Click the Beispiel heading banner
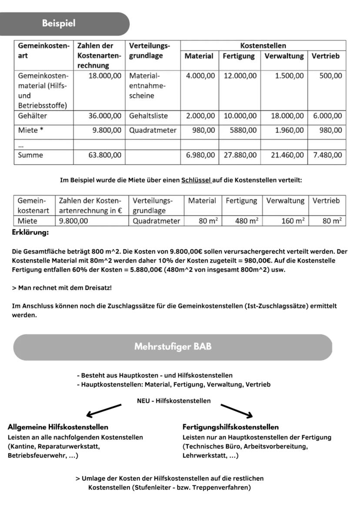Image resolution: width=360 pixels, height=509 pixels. click(x=59, y=23)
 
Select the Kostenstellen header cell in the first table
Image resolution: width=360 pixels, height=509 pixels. click(x=263, y=46)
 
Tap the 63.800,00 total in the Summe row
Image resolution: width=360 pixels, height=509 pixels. click(x=105, y=155)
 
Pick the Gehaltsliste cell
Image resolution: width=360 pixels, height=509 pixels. click(x=148, y=116)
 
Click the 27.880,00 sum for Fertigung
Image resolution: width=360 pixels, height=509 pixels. click(x=240, y=155)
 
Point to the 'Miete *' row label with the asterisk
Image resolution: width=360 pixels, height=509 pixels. click(x=30, y=130)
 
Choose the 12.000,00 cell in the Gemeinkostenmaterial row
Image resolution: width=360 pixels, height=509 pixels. click(x=240, y=76)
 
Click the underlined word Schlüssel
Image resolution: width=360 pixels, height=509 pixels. click(x=196, y=180)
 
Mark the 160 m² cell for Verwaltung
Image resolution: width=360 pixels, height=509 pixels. click(x=288, y=221)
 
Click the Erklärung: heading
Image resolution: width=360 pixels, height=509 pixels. click(x=30, y=233)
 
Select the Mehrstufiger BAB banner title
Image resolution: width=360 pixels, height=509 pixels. click(x=173, y=347)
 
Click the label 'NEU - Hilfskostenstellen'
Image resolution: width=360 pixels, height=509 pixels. click(x=173, y=401)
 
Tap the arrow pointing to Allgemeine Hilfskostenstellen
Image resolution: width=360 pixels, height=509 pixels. click(x=103, y=410)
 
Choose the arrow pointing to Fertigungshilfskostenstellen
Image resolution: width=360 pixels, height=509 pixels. click(x=237, y=410)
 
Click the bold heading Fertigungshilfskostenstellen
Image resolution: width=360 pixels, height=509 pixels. click(x=230, y=427)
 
